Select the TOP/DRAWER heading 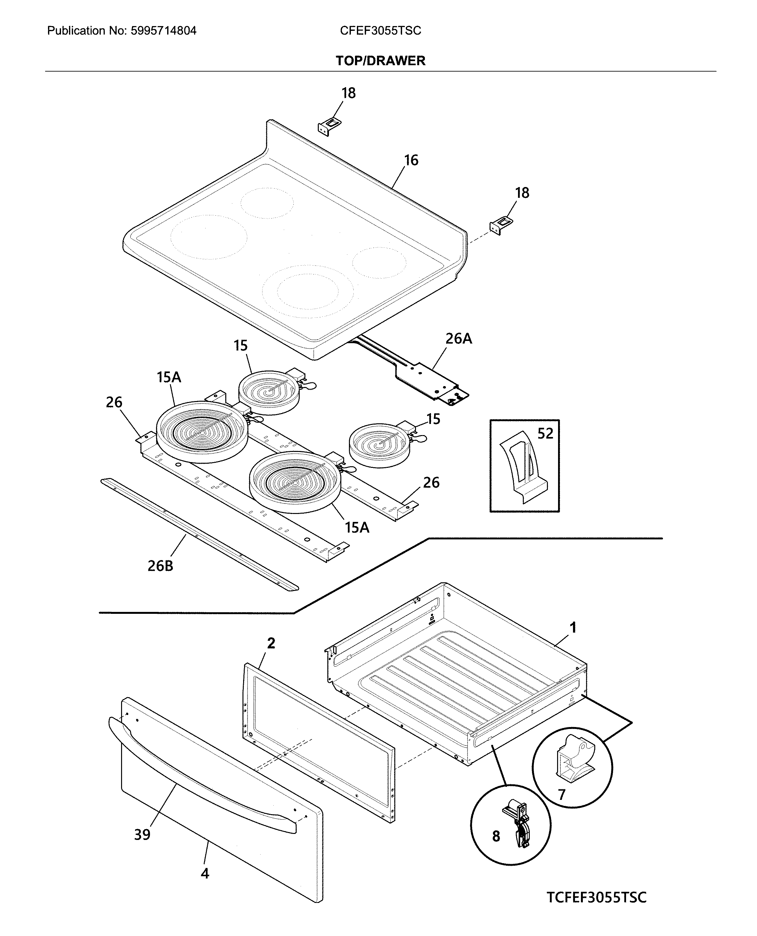pos(380,61)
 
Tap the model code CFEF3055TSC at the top pos(380,31)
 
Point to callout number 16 pos(411,160)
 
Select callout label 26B pos(160,566)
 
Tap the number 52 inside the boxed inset pos(545,433)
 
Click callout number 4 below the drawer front pos(205,873)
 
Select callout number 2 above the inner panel pos(271,643)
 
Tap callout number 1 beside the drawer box pos(573,627)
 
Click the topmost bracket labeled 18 pos(329,127)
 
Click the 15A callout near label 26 pos(169,377)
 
